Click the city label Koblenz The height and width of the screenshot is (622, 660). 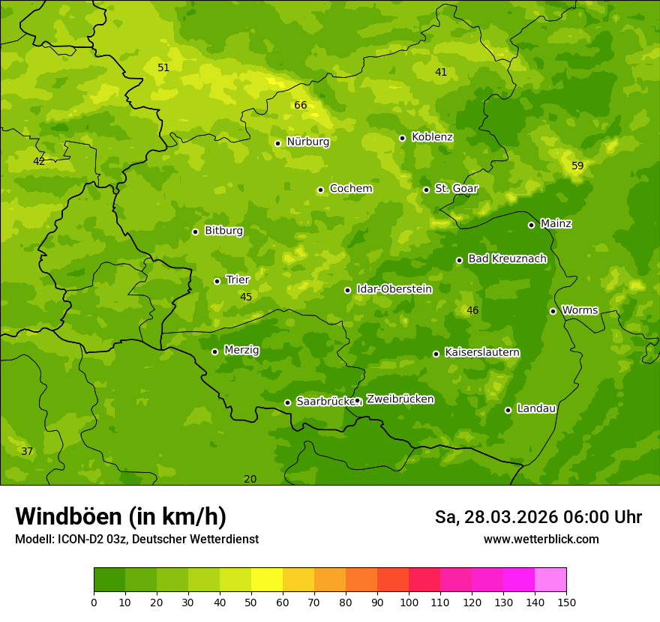pyautogui.click(x=432, y=137)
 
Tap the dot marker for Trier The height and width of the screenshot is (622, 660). pyautogui.click(x=217, y=281)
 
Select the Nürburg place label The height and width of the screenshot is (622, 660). pyautogui.click(x=307, y=142)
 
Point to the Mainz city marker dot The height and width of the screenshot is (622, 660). pyautogui.click(x=531, y=225)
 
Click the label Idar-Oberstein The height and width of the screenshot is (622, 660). pyautogui.click(x=394, y=289)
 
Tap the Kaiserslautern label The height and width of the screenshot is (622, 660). pyautogui.click(x=481, y=352)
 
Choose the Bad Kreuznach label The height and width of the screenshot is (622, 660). pyautogui.click(x=507, y=259)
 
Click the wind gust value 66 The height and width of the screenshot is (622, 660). pyautogui.click(x=301, y=105)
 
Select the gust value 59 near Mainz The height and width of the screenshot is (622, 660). pyautogui.click(x=577, y=166)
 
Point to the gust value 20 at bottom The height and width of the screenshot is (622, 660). pyautogui.click(x=250, y=479)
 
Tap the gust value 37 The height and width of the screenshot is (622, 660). pyautogui.click(x=27, y=451)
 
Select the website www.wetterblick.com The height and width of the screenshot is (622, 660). pyautogui.click(x=541, y=539)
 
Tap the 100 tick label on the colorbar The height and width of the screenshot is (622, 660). pyautogui.click(x=409, y=602)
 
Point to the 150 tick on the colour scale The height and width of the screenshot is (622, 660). pyautogui.click(x=566, y=602)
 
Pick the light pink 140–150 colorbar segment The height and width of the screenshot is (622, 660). pyautogui.click(x=550, y=580)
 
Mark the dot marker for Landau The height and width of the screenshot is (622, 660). pyautogui.click(x=508, y=410)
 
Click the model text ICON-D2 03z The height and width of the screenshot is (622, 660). pyautogui.click(x=88, y=539)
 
